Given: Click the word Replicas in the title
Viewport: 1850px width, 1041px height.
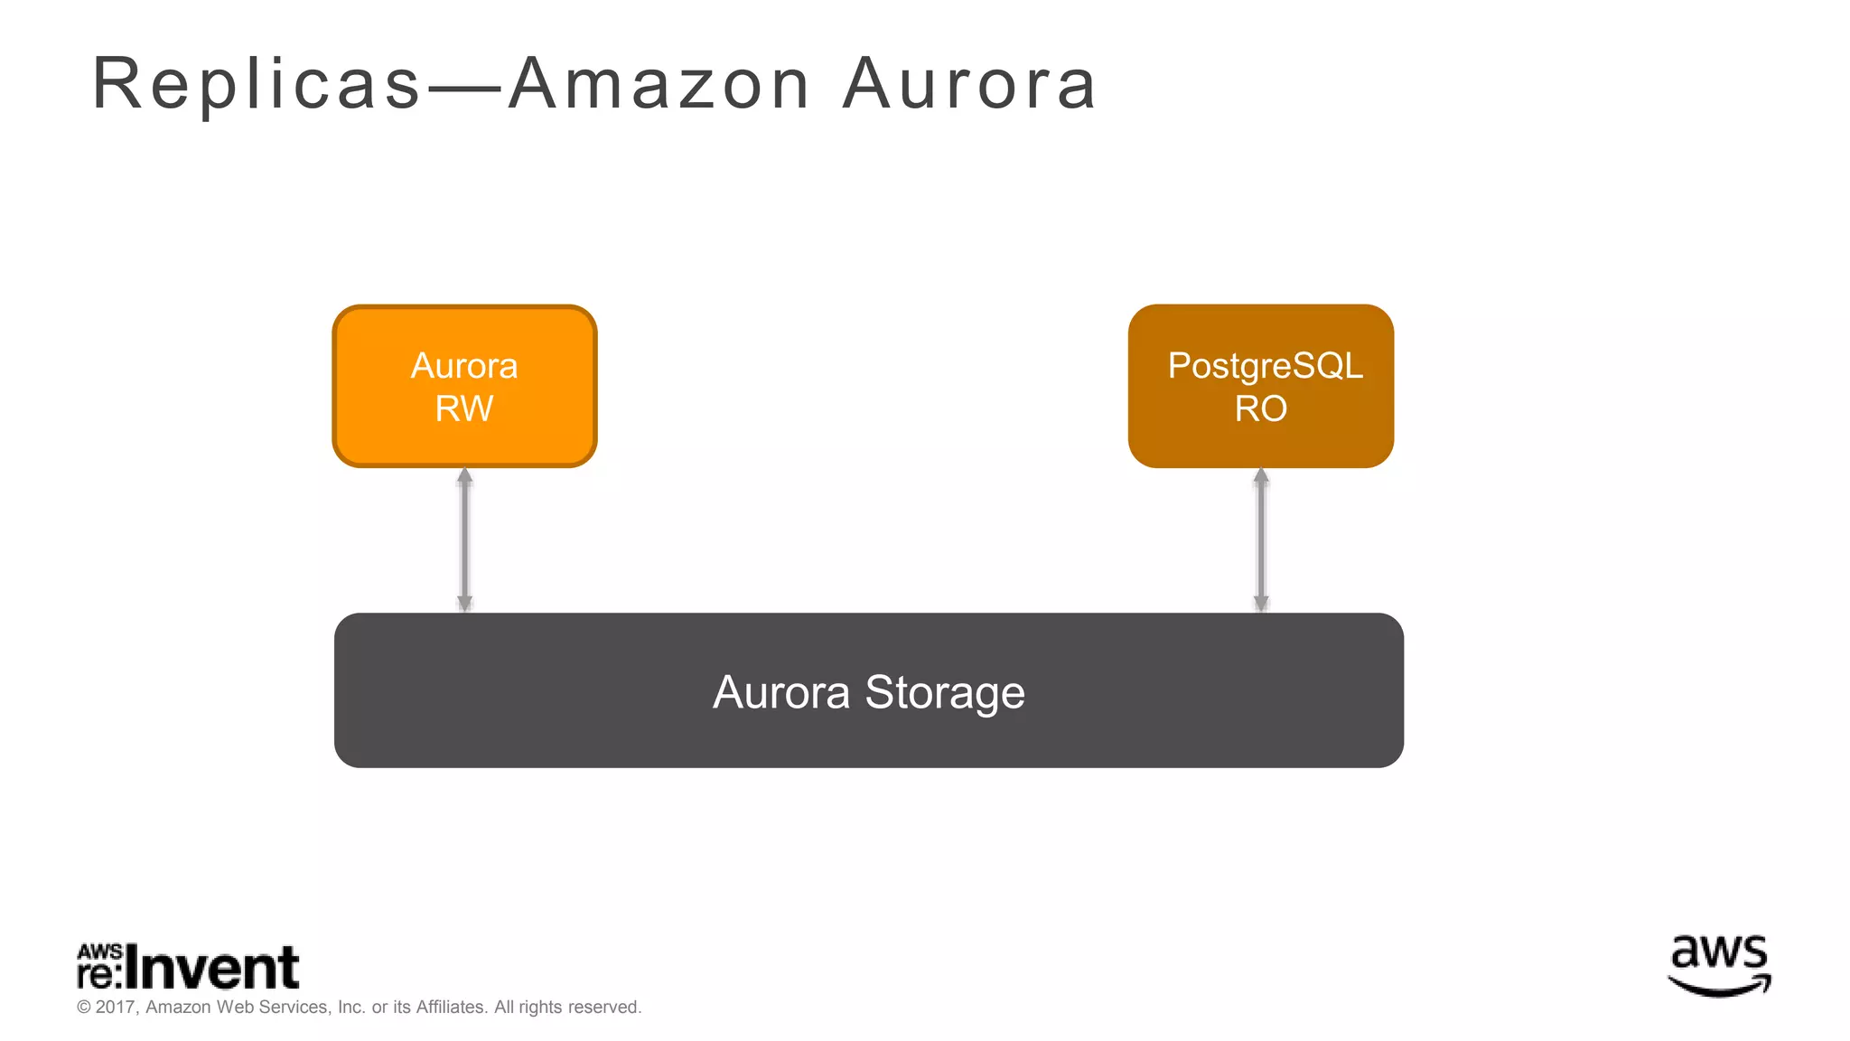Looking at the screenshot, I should coord(257,85).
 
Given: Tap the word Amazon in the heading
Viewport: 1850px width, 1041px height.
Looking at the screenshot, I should coord(659,85).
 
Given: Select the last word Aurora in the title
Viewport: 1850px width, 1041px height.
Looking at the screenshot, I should coord(970,85).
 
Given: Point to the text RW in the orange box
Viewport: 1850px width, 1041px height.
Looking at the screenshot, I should coord(464,408).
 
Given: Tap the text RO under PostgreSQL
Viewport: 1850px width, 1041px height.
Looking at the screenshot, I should coord(1261,408).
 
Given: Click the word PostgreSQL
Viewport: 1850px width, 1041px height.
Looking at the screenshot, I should coord(1265,366).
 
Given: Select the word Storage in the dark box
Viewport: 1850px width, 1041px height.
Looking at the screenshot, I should coord(945,692).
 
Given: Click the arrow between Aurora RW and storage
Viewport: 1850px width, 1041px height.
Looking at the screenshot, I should coord(464,540).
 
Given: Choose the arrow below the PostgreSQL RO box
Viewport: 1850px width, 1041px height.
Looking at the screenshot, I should coord(1261,540).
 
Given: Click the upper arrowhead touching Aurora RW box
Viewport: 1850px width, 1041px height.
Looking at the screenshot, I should coord(464,476).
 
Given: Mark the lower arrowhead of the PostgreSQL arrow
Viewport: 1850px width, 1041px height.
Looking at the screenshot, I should coord(1261,604).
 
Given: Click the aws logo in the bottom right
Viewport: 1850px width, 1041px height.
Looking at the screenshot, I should coord(1718,966).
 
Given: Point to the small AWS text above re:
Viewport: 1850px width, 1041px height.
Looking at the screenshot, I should coord(99,952).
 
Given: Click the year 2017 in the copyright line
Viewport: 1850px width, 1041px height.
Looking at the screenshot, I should coord(115,1007).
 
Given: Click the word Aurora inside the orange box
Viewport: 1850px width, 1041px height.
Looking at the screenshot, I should coord(464,366).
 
